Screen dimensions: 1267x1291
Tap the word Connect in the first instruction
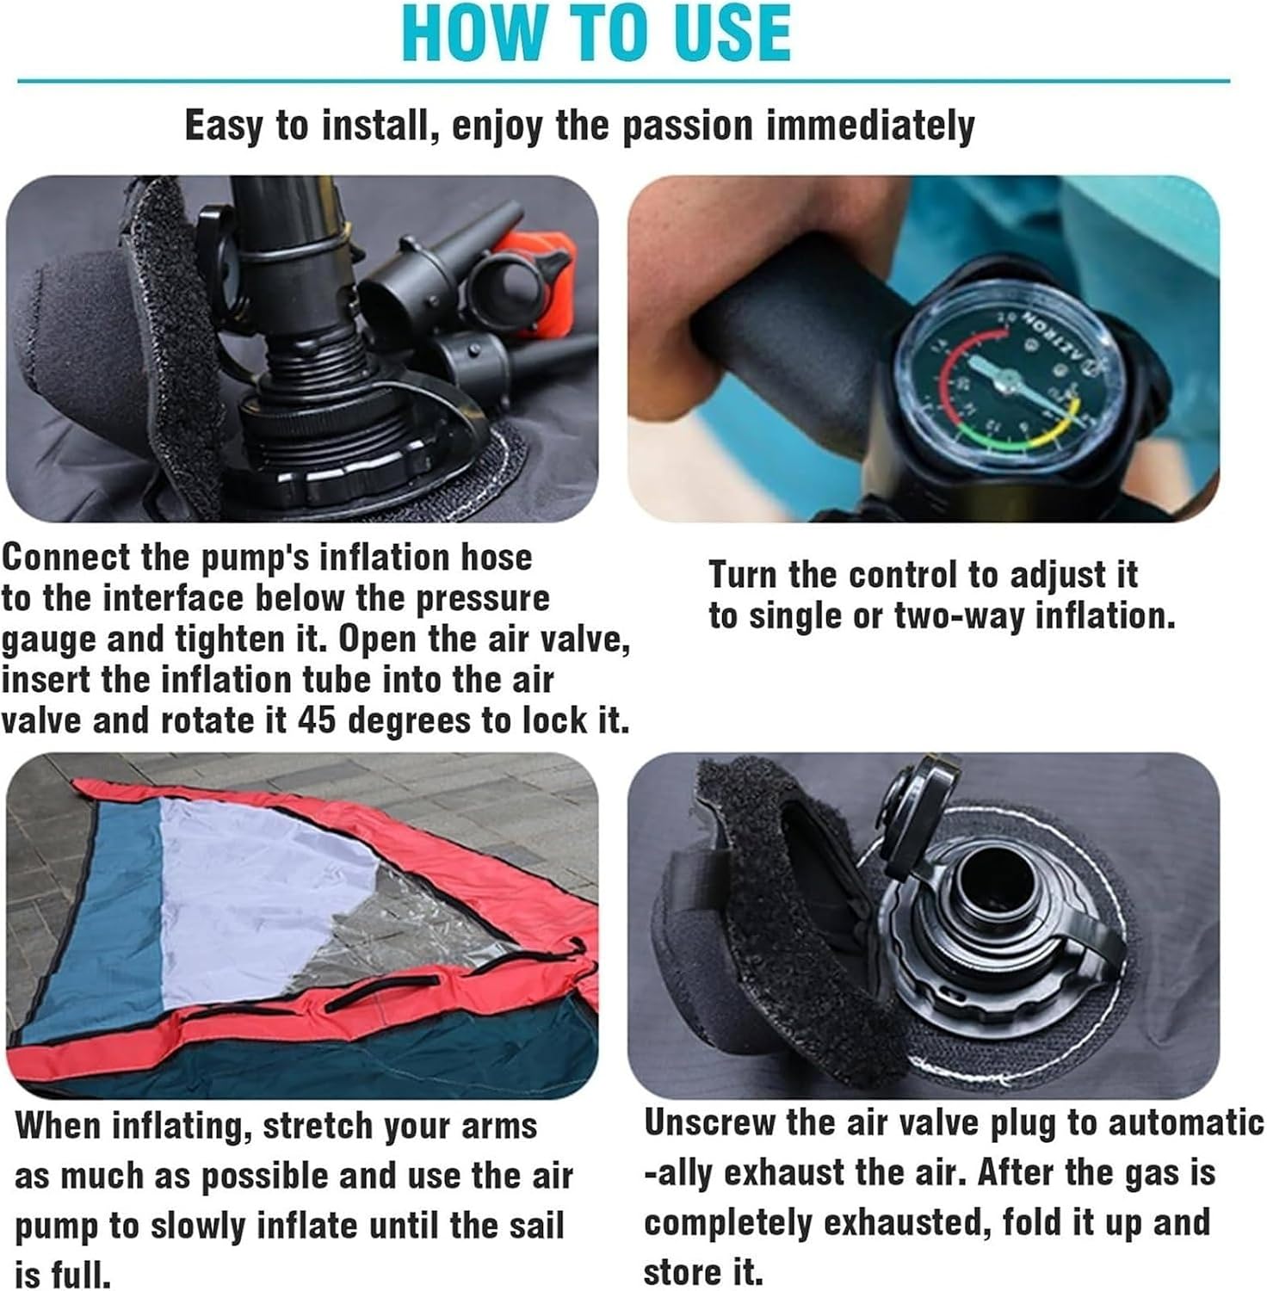click(66, 557)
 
